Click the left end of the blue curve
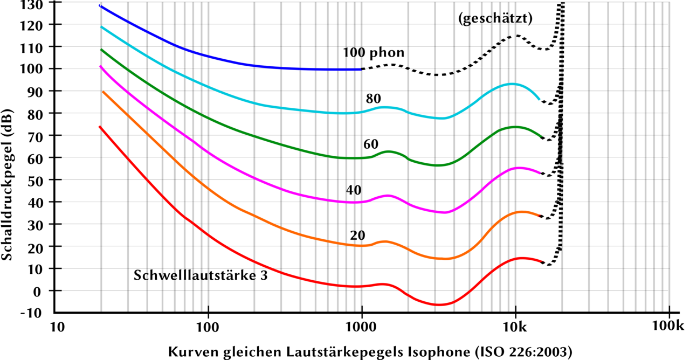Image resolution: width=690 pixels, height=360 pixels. pos(99,5)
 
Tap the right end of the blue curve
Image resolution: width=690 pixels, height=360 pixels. pos(360,70)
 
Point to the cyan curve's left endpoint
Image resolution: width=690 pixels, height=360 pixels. pos(101,26)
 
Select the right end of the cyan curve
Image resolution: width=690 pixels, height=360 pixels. pos(539,99)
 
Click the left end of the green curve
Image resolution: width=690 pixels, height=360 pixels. pos(101,50)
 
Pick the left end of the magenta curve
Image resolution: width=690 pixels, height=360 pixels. pos(100,66)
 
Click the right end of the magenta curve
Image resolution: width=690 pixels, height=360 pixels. pos(540,173)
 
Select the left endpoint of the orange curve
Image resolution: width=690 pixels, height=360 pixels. pos(103,92)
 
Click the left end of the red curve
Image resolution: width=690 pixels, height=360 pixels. pos(99,126)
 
